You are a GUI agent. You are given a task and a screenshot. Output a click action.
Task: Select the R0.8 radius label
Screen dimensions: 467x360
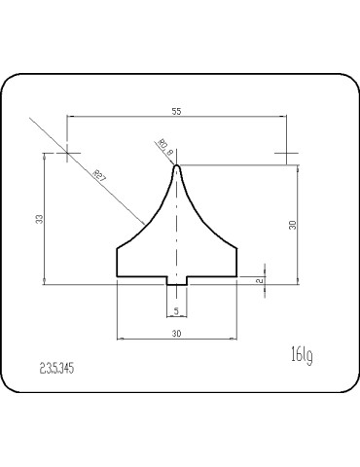(163, 148)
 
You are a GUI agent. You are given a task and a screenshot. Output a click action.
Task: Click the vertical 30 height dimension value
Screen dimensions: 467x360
(292, 225)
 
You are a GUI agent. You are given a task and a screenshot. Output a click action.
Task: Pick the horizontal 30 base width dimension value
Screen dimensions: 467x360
(176, 332)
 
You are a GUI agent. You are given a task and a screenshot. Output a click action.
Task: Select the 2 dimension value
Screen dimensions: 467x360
(259, 280)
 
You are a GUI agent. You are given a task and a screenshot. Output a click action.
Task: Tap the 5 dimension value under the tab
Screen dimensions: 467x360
(176, 310)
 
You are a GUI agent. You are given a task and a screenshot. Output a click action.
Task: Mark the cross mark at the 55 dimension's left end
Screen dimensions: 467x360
(68, 152)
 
